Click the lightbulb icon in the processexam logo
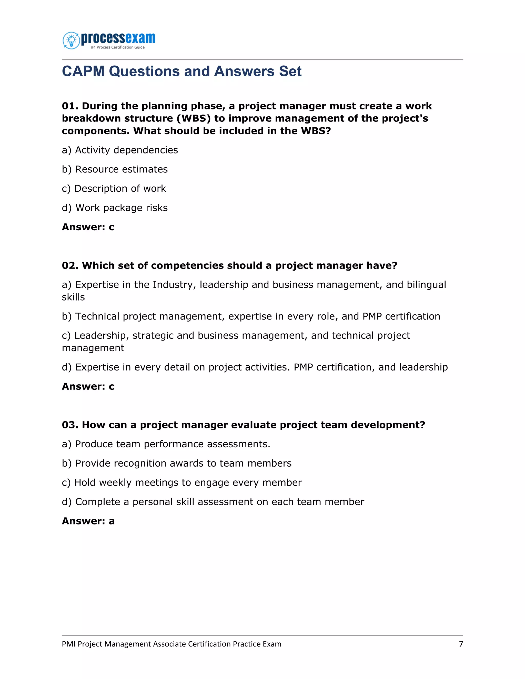(72, 40)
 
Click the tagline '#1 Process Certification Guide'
(118, 47)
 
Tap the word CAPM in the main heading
(83, 71)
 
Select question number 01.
(70, 106)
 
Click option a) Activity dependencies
(120, 150)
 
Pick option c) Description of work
(114, 189)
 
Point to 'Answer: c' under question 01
(88, 227)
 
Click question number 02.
(70, 265)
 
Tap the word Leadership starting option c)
(101, 336)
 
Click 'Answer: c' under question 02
(88, 386)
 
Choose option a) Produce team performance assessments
(166, 444)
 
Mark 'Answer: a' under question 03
(88, 521)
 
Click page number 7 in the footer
(461, 644)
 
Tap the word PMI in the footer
(68, 644)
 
